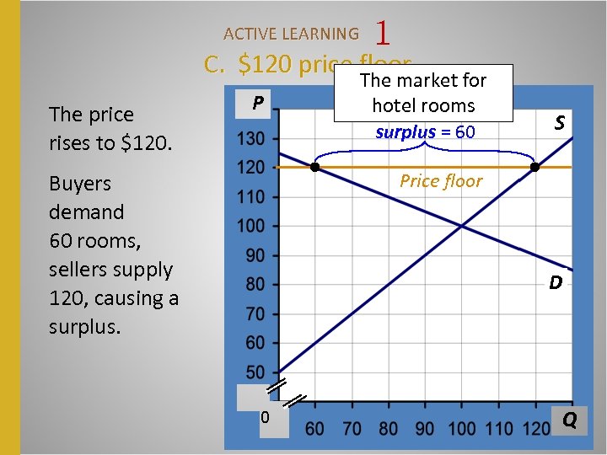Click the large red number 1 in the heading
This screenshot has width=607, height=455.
coord(384,34)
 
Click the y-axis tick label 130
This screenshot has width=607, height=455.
coord(251,138)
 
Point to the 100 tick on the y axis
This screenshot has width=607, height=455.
coord(251,226)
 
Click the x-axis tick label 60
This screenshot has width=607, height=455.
coord(314,429)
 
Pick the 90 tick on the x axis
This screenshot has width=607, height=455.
coord(425,429)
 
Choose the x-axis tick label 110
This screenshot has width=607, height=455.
coord(499,429)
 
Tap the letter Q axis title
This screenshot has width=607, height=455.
coord(570,420)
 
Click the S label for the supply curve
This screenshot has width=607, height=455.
coord(559,123)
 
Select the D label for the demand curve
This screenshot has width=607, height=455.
coord(556,282)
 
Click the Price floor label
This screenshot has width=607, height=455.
coord(441,181)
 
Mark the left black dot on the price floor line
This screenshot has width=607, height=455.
coord(314,168)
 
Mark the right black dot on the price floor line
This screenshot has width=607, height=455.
coord(534,168)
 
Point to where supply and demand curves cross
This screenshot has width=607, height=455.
coord(461,226)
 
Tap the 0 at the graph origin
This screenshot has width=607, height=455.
coord(265,417)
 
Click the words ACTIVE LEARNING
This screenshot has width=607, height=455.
coord(291,35)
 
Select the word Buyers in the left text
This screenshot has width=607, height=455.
coord(80,184)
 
